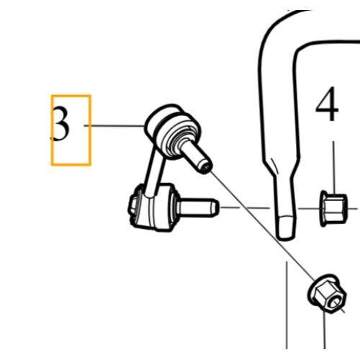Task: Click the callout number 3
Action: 61,123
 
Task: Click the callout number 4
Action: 327,104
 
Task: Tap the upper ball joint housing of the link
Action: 172,131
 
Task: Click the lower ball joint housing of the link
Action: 153,207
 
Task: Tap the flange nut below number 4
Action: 333,208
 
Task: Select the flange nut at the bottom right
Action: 328,294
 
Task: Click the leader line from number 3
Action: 114,125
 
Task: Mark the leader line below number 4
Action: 334,168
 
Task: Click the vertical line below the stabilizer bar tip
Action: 287,305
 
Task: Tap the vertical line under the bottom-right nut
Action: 325,330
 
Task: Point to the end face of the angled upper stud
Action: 205,167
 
